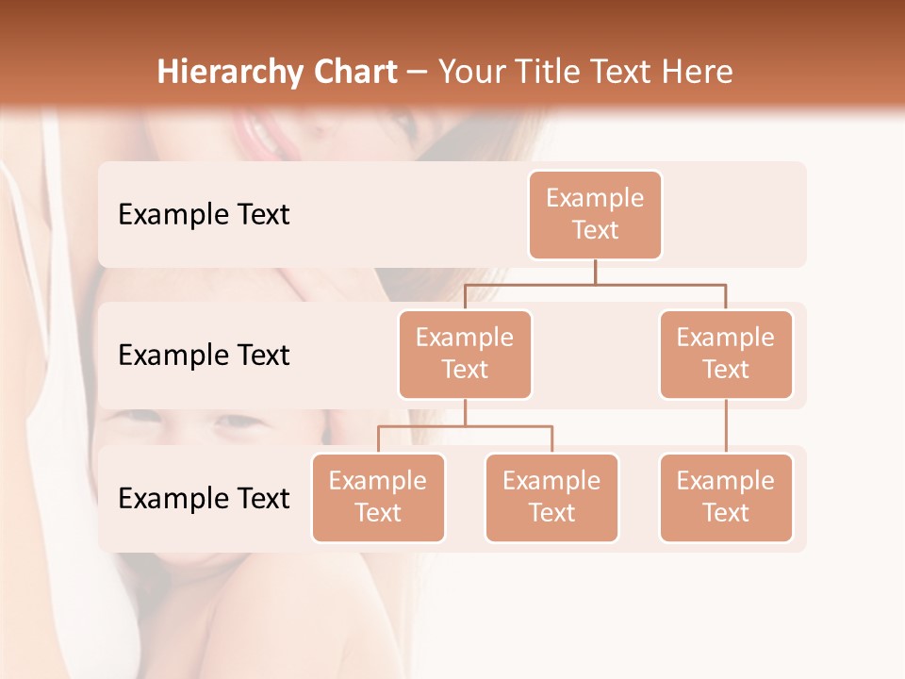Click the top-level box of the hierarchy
(x=595, y=214)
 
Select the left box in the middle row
(x=465, y=354)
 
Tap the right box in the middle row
(x=726, y=354)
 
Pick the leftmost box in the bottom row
(x=378, y=497)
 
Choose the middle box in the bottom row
(x=551, y=497)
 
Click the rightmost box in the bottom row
(x=726, y=497)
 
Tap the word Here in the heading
(x=699, y=73)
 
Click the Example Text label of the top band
(x=204, y=215)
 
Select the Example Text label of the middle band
(x=204, y=356)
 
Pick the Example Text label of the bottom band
(x=204, y=498)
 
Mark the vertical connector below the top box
(x=595, y=272)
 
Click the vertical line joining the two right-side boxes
(x=726, y=426)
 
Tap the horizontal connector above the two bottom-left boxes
(x=465, y=426)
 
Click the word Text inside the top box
(x=595, y=230)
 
